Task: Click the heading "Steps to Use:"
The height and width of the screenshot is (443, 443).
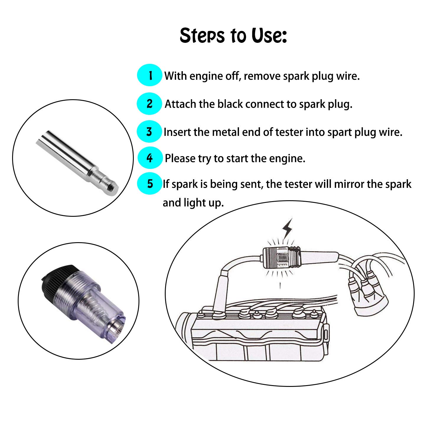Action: (x=233, y=35)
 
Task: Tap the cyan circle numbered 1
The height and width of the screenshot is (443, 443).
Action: (x=150, y=75)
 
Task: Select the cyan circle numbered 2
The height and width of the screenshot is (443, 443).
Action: (x=149, y=104)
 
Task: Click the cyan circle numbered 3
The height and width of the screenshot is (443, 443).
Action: (x=149, y=132)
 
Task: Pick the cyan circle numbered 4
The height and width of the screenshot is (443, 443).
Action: (x=150, y=158)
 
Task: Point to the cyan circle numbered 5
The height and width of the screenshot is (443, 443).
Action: (x=150, y=184)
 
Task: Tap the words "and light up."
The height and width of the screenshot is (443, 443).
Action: (x=193, y=203)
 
